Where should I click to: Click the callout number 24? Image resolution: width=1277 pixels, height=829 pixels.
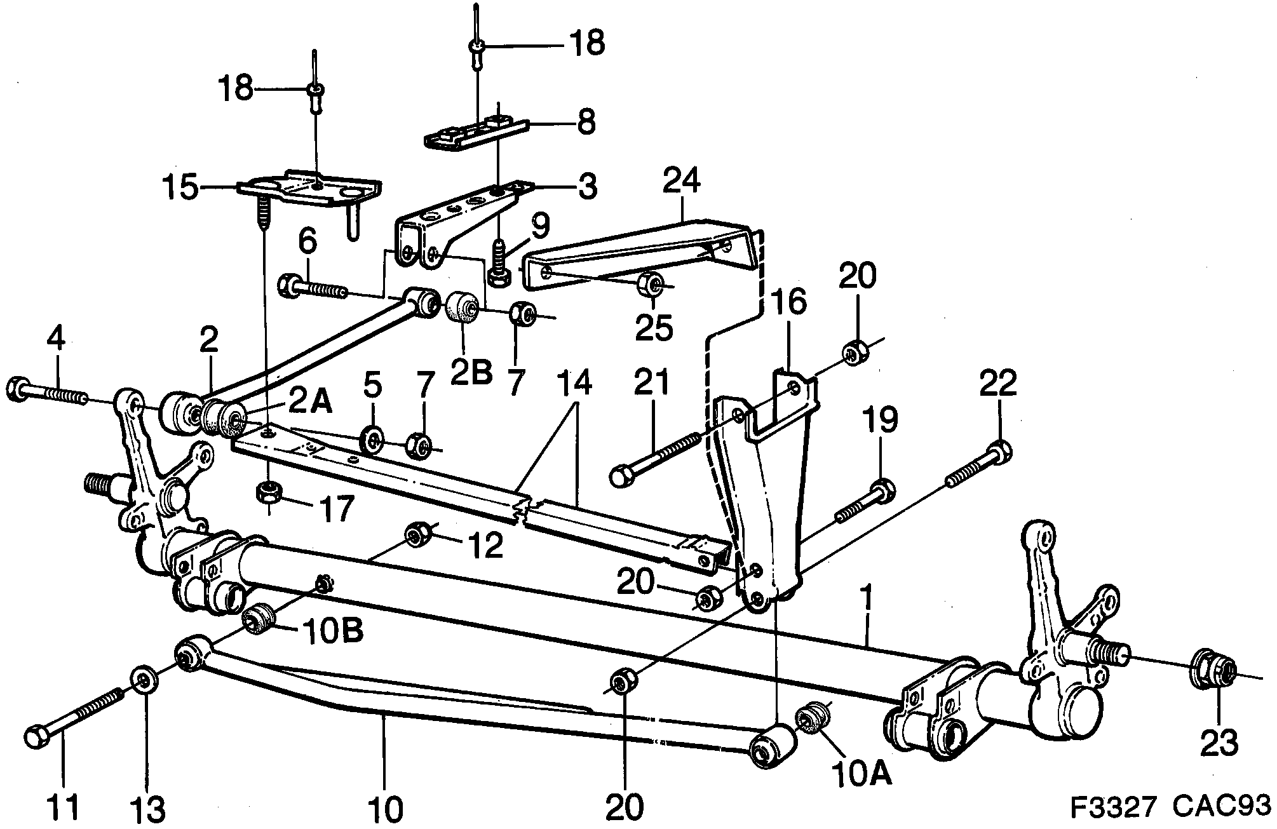point(681,181)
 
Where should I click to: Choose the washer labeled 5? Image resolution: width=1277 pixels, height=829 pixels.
point(372,440)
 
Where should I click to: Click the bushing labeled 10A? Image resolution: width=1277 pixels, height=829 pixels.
point(811,719)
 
